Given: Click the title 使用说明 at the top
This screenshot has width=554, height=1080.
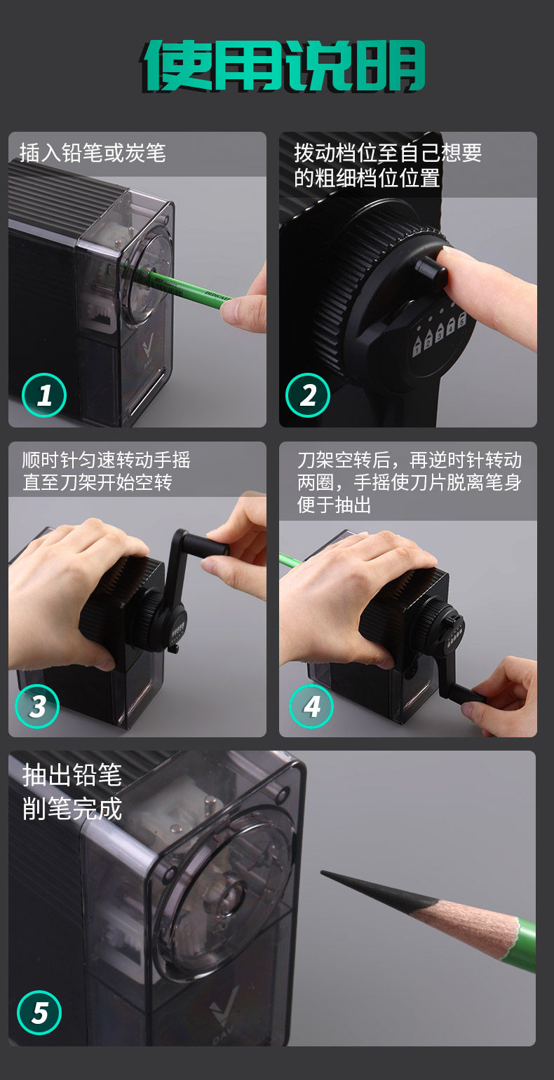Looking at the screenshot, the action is click(283, 66).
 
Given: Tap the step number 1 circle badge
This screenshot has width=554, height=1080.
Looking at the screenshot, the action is click(44, 395).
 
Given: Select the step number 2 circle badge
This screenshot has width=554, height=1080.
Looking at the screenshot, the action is click(307, 395).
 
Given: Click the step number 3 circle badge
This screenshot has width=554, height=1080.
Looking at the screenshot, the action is click(37, 706).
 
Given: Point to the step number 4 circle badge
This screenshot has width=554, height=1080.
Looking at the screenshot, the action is click(311, 706).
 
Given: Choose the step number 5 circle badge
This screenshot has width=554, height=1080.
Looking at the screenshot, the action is click(39, 1012).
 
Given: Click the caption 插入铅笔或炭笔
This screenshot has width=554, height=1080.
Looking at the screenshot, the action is click(93, 153).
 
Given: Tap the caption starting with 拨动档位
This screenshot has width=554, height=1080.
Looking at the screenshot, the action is click(388, 165).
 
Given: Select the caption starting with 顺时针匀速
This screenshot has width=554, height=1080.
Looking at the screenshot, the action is click(106, 471).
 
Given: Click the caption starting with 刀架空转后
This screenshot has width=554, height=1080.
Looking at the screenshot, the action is click(410, 483).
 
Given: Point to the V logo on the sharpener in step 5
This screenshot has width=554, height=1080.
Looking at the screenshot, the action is click(224, 1011).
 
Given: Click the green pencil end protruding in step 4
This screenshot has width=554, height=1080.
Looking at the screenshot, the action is click(290, 559).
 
